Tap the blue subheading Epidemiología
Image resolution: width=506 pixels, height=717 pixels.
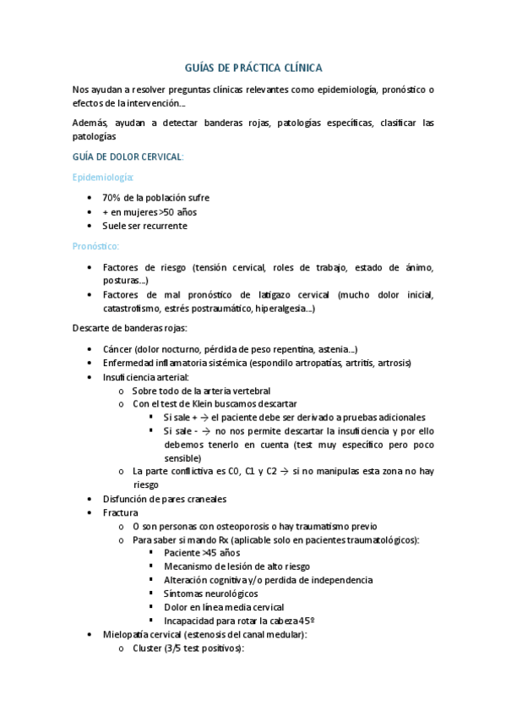click(x=103, y=177)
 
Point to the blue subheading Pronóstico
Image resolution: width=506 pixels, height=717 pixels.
click(x=95, y=246)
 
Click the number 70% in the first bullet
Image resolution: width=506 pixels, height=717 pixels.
click(x=113, y=197)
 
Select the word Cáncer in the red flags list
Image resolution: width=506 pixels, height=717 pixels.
click(x=119, y=349)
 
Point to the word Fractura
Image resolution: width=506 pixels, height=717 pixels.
click(x=121, y=512)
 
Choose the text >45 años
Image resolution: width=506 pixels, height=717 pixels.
click(x=204, y=552)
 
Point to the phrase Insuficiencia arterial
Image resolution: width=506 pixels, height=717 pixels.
click(x=145, y=376)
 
